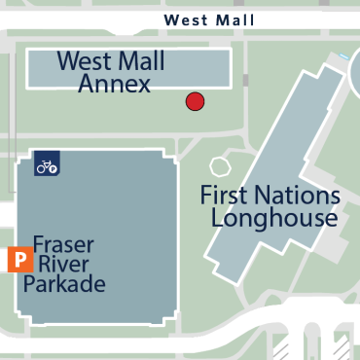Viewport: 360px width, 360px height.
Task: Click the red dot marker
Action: [195, 100]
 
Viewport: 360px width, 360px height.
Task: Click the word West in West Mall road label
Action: [185, 19]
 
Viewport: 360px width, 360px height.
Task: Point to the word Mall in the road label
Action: [234, 19]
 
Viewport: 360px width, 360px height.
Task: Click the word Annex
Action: [115, 85]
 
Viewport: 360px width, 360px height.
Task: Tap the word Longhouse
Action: [273, 218]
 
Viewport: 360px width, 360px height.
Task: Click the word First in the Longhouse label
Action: [223, 195]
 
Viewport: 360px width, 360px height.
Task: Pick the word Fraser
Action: [63, 244]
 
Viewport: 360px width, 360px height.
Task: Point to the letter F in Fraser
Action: [38, 244]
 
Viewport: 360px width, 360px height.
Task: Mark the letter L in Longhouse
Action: [217, 218]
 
